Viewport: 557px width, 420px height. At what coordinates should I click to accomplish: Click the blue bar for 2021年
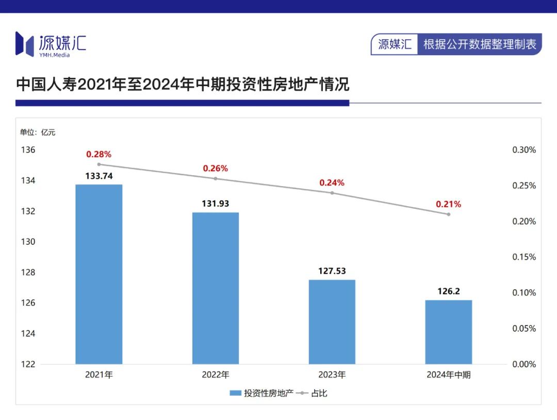99,274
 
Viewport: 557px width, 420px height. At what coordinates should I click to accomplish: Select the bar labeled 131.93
216,288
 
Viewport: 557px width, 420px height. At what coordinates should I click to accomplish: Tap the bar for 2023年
332,322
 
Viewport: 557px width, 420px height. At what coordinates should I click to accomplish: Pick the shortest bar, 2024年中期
449,332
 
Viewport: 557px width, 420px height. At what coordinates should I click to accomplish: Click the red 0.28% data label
99,154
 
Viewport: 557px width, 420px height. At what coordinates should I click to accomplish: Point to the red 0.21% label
449,204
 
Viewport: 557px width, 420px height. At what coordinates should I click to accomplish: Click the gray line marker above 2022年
216,179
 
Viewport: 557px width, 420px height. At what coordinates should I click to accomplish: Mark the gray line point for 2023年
332,193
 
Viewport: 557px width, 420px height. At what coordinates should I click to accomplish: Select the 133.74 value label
99,176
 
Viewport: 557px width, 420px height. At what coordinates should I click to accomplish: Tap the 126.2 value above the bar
449,291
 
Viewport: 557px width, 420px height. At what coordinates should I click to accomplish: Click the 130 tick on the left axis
28,242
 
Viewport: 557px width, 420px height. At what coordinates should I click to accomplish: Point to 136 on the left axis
28,150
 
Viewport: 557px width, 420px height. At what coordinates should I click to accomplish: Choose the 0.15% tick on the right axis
523,257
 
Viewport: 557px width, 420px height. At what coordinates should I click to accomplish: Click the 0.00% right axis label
523,364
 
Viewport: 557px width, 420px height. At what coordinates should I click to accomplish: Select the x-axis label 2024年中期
449,375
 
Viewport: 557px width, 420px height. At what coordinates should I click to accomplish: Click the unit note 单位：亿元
38,132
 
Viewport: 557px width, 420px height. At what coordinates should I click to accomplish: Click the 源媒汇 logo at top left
51,44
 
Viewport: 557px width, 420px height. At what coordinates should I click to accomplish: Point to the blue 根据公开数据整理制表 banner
480,44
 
